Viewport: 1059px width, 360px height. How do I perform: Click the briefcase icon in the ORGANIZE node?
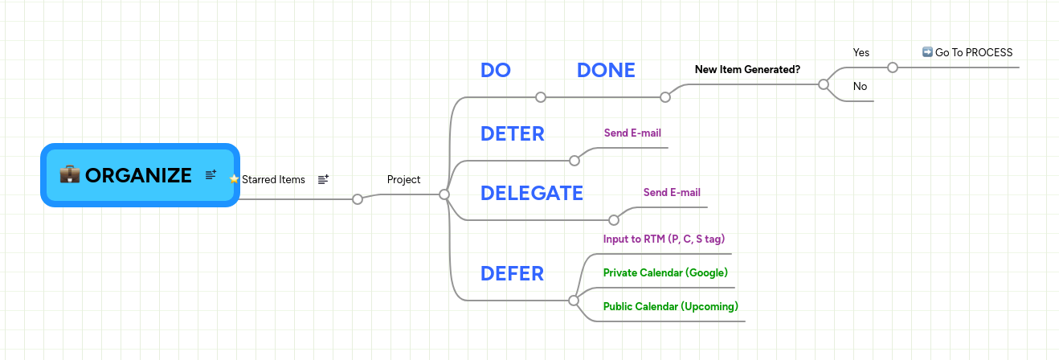click(x=70, y=175)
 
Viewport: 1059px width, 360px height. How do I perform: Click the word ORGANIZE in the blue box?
click(x=138, y=175)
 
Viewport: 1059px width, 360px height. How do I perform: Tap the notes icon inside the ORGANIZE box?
click(x=211, y=175)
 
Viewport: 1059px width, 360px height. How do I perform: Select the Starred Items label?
click(x=273, y=179)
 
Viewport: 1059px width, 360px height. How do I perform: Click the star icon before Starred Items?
click(x=235, y=179)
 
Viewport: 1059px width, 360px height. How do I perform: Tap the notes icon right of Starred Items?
click(x=323, y=179)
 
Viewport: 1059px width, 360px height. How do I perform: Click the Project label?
click(x=403, y=179)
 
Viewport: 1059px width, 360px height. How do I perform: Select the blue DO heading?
click(x=496, y=70)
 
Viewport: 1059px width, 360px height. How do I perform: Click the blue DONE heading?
click(x=606, y=70)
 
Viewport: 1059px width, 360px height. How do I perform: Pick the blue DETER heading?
click(x=512, y=133)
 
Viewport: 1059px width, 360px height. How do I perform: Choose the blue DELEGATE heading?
click(x=531, y=193)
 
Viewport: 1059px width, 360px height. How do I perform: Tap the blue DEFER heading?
click(x=512, y=273)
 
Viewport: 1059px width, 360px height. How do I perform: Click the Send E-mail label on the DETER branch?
click(x=632, y=133)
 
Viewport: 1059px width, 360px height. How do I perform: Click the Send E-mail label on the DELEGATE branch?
click(x=672, y=192)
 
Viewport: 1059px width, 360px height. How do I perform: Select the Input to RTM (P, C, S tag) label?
click(x=664, y=239)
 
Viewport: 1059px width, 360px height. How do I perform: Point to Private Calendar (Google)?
click(x=665, y=272)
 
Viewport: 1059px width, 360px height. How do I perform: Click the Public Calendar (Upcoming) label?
click(x=670, y=306)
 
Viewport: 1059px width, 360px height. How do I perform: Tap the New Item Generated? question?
click(x=747, y=69)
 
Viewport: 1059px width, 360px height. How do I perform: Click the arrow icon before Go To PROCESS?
click(x=927, y=52)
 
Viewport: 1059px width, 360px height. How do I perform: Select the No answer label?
click(x=860, y=86)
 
